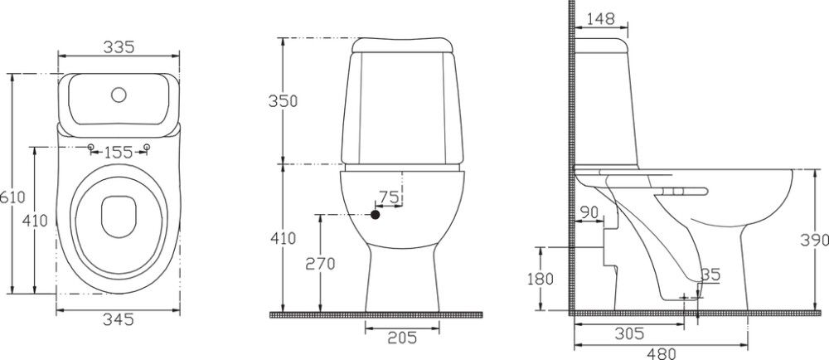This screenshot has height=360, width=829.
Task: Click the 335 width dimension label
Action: click(x=119, y=47)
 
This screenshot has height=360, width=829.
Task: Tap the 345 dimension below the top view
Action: click(x=119, y=319)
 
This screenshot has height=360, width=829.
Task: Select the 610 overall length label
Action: click(x=12, y=197)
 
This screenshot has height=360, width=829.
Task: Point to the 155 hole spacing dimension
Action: click(x=119, y=153)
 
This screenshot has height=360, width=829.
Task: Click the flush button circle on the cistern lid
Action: click(x=119, y=95)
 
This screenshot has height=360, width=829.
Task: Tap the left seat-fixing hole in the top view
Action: click(x=90, y=147)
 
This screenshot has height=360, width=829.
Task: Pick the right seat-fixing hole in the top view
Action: click(x=147, y=147)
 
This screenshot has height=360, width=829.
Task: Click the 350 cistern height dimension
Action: click(x=283, y=100)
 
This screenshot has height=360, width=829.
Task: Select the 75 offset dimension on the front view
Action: click(x=389, y=197)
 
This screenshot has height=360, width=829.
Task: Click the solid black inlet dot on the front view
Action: click(x=375, y=215)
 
